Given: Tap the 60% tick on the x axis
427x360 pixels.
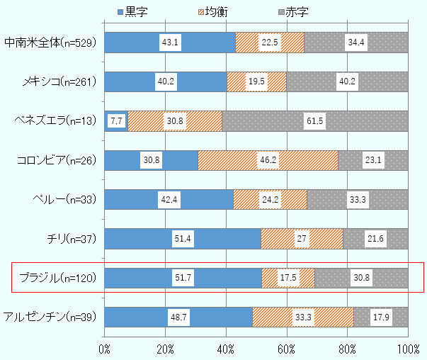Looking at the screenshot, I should click(x=286, y=349).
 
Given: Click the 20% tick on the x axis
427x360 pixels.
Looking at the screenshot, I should click(x=165, y=349).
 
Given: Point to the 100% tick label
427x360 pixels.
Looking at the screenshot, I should click(x=407, y=349).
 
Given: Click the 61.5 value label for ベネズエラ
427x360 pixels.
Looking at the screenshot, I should click(x=314, y=121).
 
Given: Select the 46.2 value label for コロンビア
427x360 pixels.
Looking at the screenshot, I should click(x=267, y=160).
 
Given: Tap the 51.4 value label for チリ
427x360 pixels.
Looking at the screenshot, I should click(x=182, y=239).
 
